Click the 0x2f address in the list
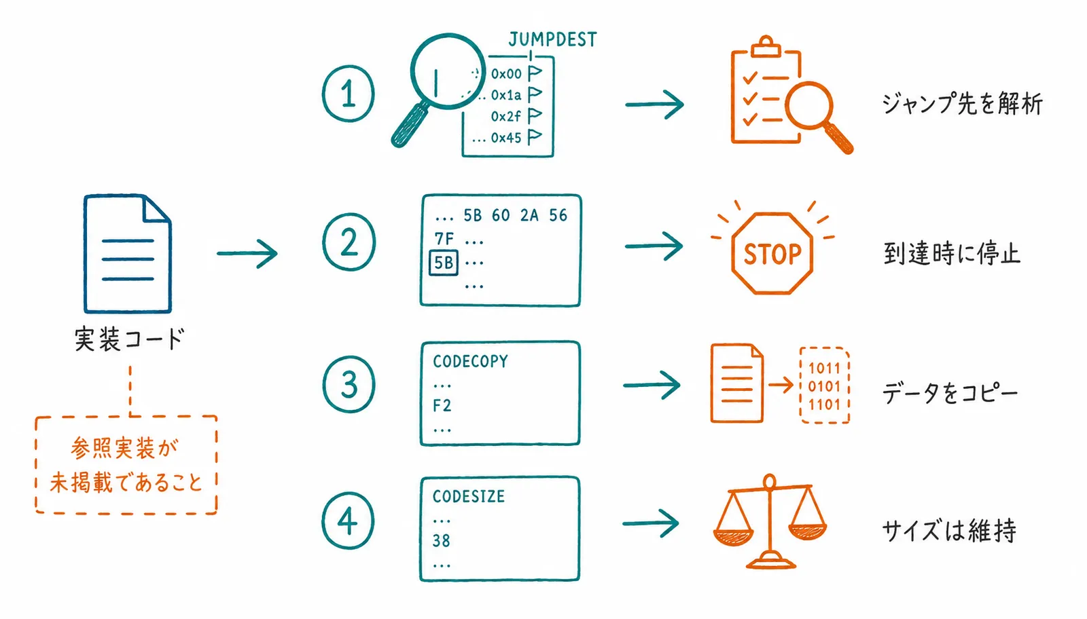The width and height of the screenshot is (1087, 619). (505, 116)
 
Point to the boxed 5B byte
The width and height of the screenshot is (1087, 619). (444, 263)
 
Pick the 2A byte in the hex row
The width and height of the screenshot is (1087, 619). (529, 215)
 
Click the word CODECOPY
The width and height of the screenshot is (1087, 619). (470, 361)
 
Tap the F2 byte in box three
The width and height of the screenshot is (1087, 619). (442, 405)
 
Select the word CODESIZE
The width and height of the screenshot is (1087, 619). (469, 496)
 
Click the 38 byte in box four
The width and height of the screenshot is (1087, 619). (441, 540)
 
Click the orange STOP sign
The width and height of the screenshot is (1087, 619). (772, 254)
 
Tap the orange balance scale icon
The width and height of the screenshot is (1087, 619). (770, 521)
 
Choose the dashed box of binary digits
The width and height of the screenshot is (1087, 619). (825, 386)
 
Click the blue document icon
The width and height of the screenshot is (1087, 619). (128, 254)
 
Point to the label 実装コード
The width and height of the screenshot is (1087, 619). (130, 339)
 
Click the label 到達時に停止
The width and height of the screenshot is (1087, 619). (952, 254)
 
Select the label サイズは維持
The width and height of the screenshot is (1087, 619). (948, 530)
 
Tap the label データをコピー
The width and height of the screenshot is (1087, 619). (950, 393)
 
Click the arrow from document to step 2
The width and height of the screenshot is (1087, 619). (247, 253)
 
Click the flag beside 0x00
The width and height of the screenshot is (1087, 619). (535, 73)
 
